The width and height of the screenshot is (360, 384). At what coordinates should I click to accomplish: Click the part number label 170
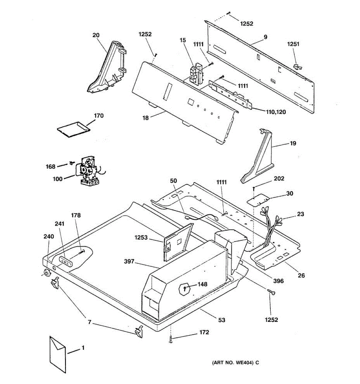point(99,116)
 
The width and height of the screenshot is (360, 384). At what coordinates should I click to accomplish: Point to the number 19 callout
point(293,143)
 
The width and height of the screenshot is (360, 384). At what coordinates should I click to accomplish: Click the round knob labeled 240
point(47,273)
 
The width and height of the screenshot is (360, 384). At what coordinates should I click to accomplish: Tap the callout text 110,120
point(276,112)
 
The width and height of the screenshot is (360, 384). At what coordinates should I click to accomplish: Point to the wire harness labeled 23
point(271,226)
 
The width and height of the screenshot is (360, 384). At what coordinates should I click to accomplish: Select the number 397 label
point(129,262)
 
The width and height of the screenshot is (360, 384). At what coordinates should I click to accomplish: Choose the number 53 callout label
point(221,320)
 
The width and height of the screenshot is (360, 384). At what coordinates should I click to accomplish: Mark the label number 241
point(60,224)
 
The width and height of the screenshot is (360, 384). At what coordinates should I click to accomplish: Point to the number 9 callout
point(265,37)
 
